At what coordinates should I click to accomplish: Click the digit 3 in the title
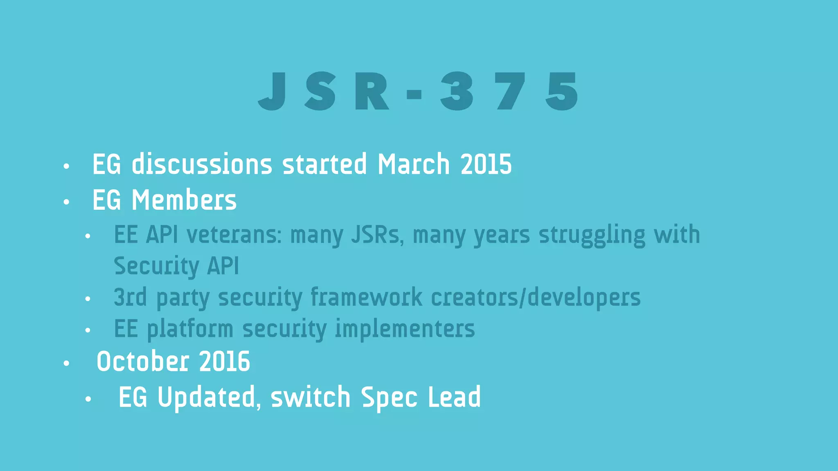pyautogui.click(x=457, y=91)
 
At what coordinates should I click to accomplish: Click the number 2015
pyautogui.click(x=486, y=164)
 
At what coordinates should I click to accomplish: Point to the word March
pyautogui.click(x=413, y=164)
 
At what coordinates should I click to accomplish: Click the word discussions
pyautogui.click(x=202, y=164)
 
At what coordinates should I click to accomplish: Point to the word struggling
pyautogui.click(x=592, y=235)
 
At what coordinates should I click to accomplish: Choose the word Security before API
pyautogui.click(x=156, y=266)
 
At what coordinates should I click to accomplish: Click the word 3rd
pyautogui.click(x=130, y=297)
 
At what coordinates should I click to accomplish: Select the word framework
pyautogui.click(x=366, y=297)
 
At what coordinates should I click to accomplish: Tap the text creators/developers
pyautogui.click(x=536, y=297)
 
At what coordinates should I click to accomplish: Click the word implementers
pyautogui.click(x=405, y=329)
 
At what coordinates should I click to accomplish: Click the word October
pyautogui.click(x=143, y=361)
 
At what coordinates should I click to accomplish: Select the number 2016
pyautogui.click(x=225, y=361)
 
